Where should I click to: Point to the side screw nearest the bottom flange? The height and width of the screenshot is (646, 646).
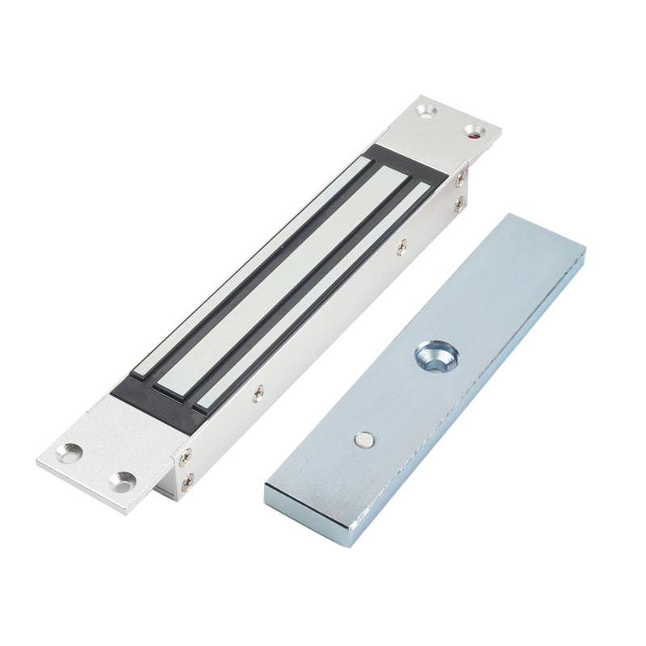tap(258, 394)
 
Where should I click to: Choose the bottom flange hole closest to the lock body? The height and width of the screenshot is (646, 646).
tap(124, 481)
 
